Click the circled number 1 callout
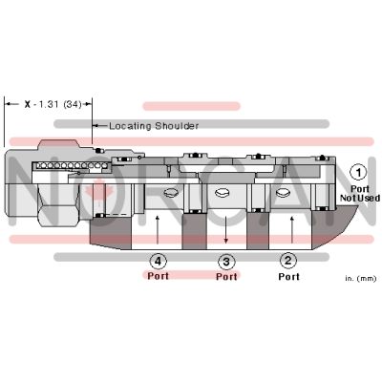358,173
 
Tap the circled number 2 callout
288,261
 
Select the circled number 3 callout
226,262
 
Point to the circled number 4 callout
159,262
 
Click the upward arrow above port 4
157,230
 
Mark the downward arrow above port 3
225,229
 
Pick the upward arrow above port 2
291,229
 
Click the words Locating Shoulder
154,126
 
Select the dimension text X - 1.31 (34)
53,104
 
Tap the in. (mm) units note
361,278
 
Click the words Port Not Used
360,194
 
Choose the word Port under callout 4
158,276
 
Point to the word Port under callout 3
226,276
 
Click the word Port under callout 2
288,276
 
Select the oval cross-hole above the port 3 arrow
223,192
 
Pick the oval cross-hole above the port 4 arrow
170,192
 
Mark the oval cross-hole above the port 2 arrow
283,192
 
